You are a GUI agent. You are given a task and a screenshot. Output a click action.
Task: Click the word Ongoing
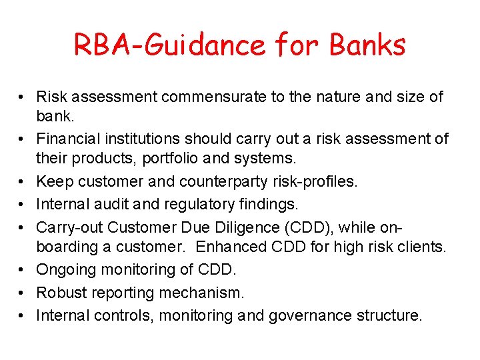tap(65, 269)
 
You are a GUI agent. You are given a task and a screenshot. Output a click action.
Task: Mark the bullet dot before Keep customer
tap(23, 182)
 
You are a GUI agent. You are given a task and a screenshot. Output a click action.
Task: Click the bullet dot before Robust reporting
tap(23, 292)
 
